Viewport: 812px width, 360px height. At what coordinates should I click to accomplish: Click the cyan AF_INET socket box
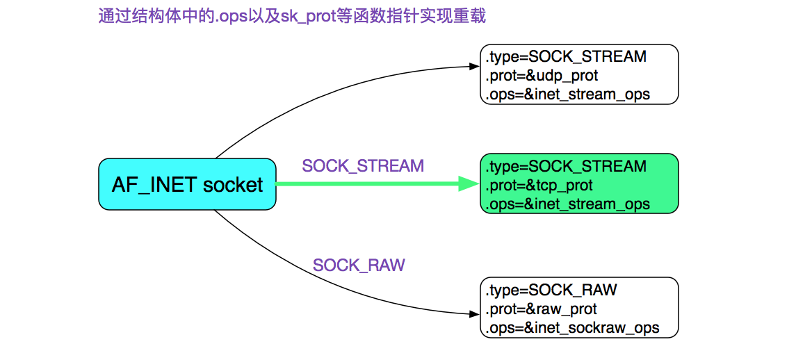click(x=187, y=184)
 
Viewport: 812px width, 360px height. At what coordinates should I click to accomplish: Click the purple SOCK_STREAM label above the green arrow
click(x=362, y=166)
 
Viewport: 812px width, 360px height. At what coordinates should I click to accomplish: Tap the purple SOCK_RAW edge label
click(x=358, y=265)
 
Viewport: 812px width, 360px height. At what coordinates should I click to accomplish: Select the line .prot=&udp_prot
click(x=542, y=75)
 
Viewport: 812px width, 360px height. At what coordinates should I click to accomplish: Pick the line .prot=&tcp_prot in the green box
click(x=539, y=186)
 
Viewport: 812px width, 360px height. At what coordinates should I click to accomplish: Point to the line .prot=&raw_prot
click(x=542, y=309)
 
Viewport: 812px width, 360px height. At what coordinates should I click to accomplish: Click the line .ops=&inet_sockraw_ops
click(x=572, y=327)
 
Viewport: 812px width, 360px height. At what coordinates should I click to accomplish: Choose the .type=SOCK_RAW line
click(x=551, y=290)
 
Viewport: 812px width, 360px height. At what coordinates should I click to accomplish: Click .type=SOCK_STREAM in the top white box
click(x=566, y=56)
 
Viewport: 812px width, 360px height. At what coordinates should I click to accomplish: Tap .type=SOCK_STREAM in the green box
click(x=566, y=167)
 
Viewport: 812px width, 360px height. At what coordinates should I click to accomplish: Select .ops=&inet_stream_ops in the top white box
click(x=568, y=94)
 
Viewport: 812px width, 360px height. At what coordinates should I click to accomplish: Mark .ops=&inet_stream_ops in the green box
click(x=568, y=204)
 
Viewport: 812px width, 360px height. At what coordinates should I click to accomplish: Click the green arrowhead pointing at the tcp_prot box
click(x=469, y=184)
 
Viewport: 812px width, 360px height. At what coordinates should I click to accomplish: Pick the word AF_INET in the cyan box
click(x=154, y=185)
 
